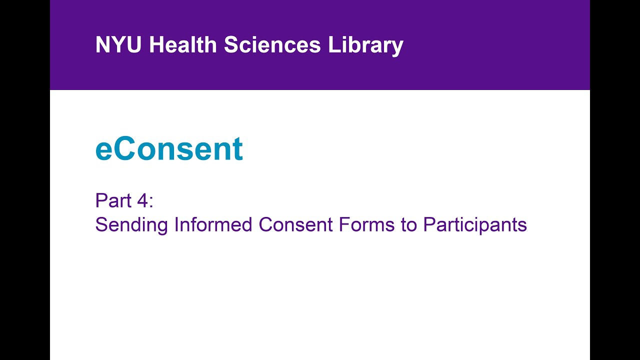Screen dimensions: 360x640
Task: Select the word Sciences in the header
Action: pyautogui.click(x=272, y=45)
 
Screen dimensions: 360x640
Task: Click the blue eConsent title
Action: pyautogui.click(x=169, y=148)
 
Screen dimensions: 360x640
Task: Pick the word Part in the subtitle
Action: pyautogui.click(x=112, y=201)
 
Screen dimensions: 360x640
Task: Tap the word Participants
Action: pyautogui.click(x=475, y=225)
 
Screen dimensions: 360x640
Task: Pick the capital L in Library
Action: pyautogui.click(x=333, y=45)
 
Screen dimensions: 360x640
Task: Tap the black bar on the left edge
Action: pyautogui.click(x=25, y=180)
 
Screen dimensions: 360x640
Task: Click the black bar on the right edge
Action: pyautogui.click(x=615, y=180)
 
